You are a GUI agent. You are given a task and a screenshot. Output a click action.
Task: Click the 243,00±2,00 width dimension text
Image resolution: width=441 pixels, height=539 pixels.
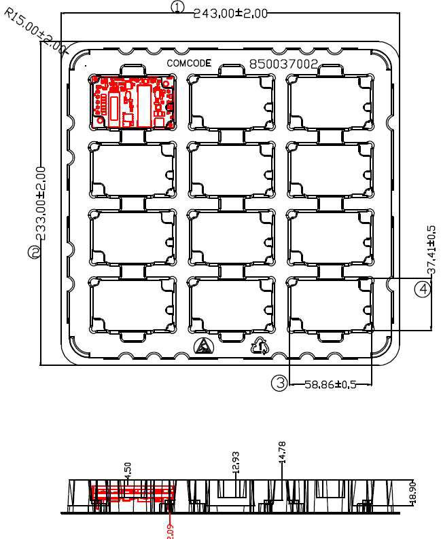(230, 13)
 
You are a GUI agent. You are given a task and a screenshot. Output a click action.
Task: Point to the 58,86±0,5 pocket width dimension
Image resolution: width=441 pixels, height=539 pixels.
(330, 384)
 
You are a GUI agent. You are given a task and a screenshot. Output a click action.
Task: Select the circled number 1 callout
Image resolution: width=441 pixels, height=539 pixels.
(177, 7)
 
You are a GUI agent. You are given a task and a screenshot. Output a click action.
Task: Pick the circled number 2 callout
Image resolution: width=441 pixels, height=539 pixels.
(33, 252)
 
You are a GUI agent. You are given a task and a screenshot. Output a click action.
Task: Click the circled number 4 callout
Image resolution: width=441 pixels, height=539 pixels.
(423, 289)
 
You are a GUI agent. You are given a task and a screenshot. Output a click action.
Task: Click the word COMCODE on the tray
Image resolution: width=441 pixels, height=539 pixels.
(189, 63)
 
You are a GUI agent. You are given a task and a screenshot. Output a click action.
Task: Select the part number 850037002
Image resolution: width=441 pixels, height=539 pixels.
(283, 64)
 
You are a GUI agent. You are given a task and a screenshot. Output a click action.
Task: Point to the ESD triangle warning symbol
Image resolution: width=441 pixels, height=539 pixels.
(203, 347)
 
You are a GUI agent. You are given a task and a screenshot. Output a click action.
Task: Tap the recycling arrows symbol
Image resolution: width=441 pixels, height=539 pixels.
(260, 346)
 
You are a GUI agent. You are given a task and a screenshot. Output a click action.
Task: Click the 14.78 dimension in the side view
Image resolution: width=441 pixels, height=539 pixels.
(282, 452)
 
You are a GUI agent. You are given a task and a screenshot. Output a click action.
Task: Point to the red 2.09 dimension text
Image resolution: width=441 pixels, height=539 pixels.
(170, 529)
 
